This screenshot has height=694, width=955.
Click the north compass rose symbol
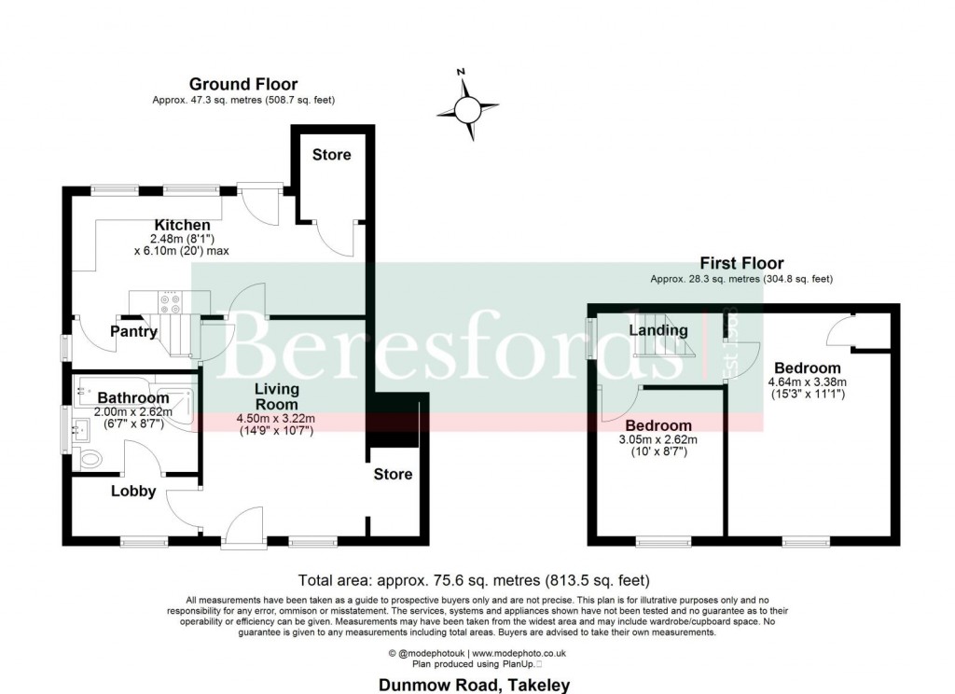tap(468, 107)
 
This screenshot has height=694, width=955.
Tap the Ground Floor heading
tap(243, 85)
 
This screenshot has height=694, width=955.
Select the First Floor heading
tap(741, 264)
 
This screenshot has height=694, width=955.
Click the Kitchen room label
tap(182, 226)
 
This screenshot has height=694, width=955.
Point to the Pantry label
tap(133, 331)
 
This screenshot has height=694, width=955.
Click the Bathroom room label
tap(133, 398)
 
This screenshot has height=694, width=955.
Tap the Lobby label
tap(133, 491)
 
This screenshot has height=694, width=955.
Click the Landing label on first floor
tap(657, 330)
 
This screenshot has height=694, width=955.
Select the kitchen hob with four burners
tap(171, 303)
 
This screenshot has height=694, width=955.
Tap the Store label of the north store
tap(331, 154)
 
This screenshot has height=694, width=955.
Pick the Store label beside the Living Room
tap(393, 474)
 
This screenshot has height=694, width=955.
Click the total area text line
tap(473, 578)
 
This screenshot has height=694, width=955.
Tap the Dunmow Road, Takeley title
tap(473, 685)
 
